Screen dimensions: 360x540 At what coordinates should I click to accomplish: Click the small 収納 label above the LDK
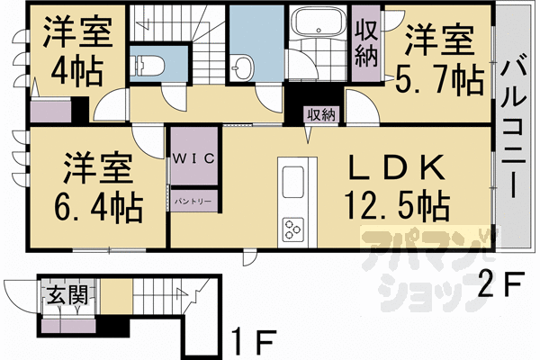coord(320,114)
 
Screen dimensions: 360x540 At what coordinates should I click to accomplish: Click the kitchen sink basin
coord(295,184)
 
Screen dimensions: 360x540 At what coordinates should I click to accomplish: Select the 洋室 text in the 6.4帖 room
coord(99,168)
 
